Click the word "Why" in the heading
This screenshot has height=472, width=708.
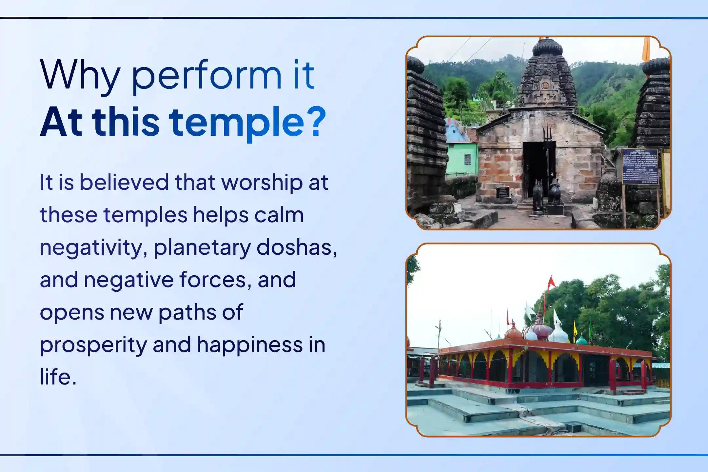click(80, 75)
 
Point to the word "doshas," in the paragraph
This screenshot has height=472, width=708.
click(297, 247)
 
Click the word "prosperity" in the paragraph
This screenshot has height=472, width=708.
click(93, 345)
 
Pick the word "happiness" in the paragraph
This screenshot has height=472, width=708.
click(250, 344)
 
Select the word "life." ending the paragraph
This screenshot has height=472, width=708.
click(58, 377)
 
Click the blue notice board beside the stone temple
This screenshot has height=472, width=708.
click(640, 167)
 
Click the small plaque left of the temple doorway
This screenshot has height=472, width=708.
click(502, 192)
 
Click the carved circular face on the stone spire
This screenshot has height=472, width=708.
click(545, 86)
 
